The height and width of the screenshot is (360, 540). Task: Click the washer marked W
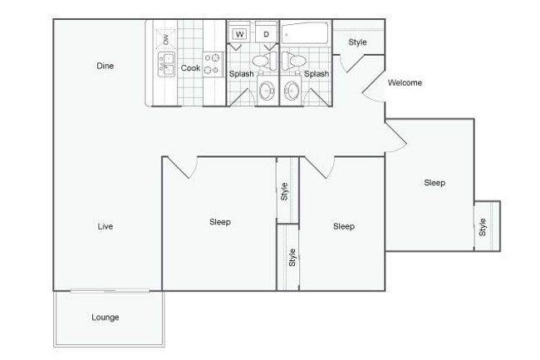240,34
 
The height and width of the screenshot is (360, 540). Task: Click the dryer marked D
266,34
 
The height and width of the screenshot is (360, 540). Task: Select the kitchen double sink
167,64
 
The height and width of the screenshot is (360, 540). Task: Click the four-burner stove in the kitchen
214,64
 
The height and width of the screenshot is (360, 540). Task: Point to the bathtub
305,35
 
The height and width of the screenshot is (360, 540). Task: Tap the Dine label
105,66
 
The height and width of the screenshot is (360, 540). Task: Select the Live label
105,226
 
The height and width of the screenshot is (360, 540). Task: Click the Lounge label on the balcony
106,317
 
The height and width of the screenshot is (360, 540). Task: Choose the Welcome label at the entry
405,82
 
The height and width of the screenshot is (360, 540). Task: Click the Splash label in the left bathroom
241,74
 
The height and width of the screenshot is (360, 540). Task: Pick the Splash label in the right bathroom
317,74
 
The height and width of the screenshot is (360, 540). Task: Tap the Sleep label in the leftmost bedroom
219,222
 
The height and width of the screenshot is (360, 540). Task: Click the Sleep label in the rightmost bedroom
434,183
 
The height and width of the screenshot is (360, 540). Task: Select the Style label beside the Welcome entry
357,42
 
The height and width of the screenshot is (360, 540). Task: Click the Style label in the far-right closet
483,225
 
